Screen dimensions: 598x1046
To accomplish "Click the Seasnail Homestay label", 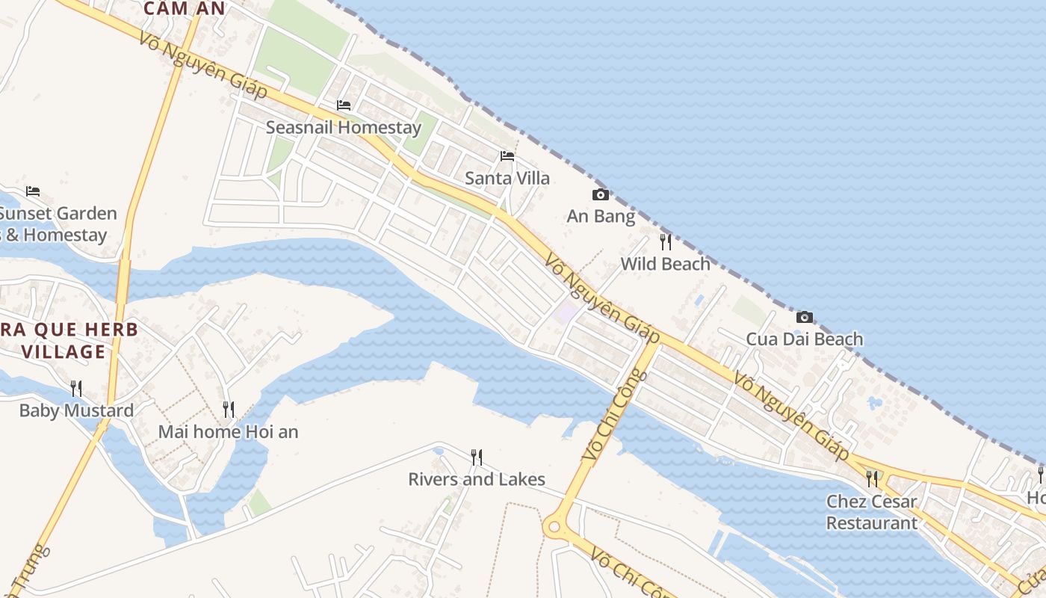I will [344, 128].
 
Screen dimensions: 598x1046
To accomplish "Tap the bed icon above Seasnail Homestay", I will [344, 105].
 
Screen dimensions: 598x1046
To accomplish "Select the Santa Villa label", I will [507, 178].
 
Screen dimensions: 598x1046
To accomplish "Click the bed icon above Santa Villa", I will [507, 156].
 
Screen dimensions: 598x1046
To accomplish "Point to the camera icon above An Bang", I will [600, 195].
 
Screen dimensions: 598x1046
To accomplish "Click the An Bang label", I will [601, 217].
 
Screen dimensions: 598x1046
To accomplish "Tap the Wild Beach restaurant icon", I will [665, 242].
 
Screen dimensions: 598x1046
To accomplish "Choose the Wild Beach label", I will [665, 264].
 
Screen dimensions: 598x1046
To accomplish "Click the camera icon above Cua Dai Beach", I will [805, 317].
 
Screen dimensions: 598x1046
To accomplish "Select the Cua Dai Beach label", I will [805, 339].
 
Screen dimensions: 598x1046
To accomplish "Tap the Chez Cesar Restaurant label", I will [872, 512].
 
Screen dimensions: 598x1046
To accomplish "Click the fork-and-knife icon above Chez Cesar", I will [872, 478].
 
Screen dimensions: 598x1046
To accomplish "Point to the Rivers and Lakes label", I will [477, 479].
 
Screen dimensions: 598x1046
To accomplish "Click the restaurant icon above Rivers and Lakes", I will [476, 457].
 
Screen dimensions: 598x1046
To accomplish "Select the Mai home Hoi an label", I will [228, 432].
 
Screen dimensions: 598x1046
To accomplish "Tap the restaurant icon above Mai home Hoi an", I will [228, 410].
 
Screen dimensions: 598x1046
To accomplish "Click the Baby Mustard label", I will [76, 410].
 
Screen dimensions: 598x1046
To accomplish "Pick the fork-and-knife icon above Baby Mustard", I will [76, 388].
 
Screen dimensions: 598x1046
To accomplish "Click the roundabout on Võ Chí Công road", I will [554, 527].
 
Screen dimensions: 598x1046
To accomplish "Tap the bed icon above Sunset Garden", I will [32, 191].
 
